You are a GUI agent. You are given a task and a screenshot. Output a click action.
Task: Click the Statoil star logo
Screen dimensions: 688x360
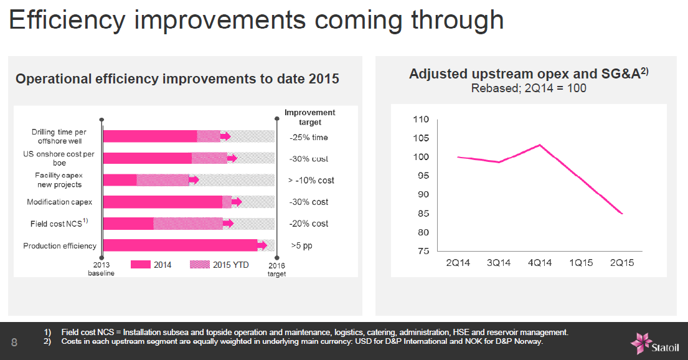[x=641, y=343]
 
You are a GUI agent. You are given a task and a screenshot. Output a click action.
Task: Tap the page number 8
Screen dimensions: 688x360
[x=14, y=343]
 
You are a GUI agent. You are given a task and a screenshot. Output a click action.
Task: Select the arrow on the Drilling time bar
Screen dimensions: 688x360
[x=225, y=136]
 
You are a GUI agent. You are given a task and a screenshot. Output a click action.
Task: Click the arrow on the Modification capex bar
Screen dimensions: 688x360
[x=237, y=202]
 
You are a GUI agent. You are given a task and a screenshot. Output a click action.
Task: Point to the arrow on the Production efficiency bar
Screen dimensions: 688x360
[x=262, y=245]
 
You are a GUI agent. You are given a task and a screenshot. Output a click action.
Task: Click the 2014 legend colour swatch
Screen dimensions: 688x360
[x=141, y=264]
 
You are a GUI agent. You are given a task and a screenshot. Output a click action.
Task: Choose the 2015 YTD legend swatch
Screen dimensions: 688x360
[x=200, y=264]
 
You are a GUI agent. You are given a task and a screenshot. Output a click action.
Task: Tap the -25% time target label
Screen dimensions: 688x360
[x=308, y=138]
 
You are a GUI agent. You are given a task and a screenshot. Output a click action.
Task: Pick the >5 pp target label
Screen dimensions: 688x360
[x=302, y=245]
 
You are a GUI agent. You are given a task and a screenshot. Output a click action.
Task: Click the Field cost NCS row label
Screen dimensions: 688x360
[x=59, y=223]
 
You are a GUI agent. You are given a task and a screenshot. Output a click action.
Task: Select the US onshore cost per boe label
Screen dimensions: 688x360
[x=59, y=158]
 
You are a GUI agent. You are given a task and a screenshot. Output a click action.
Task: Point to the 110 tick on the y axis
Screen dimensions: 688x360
[x=421, y=120]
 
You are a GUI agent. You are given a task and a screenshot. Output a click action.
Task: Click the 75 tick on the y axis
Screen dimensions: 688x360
[x=423, y=251]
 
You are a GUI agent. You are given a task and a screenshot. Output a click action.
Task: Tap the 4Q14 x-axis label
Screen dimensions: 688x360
[x=540, y=263]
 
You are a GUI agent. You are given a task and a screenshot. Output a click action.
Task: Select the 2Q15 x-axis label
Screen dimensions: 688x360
[x=622, y=263]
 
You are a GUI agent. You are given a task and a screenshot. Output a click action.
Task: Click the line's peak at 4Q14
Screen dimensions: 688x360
[x=540, y=145]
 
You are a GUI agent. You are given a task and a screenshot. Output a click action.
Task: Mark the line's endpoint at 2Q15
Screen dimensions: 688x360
[x=622, y=214]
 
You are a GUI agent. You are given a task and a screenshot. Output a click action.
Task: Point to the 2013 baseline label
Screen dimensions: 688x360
[x=101, y=268]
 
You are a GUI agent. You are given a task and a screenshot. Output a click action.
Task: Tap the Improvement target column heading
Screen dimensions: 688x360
[x=310, y=117]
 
